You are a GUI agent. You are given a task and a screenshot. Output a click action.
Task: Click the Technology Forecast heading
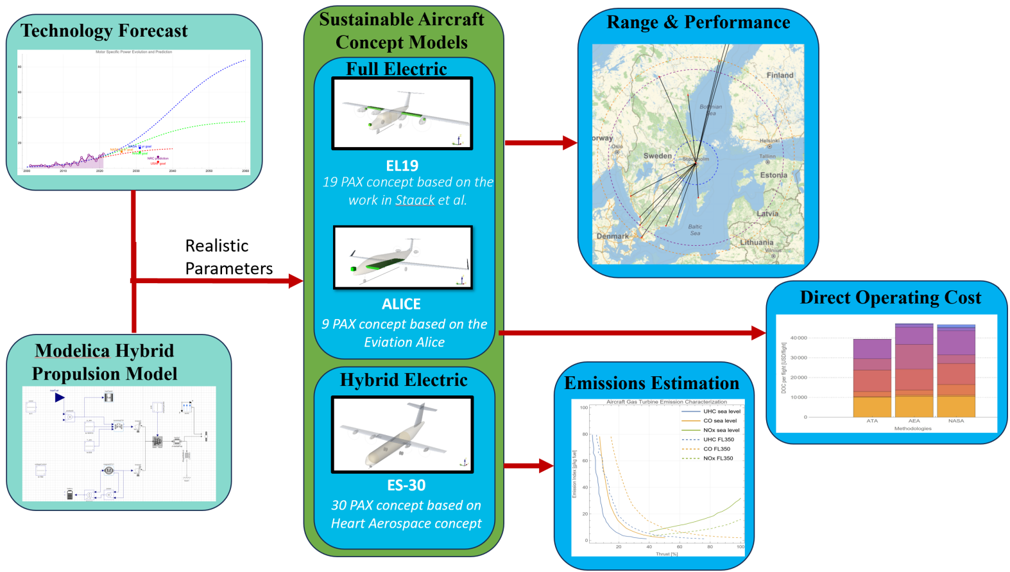point(104,31)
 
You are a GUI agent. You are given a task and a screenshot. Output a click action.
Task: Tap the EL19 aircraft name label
point(402,166)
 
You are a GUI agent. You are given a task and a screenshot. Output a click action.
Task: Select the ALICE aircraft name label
point(402,304)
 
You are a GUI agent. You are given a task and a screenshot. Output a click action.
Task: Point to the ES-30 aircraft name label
point(406,485)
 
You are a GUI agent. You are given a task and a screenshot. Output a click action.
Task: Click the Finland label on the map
point(780,75)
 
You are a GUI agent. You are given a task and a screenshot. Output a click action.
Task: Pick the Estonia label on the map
point(773,175)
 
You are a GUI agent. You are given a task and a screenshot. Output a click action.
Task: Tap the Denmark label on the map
point(612,236)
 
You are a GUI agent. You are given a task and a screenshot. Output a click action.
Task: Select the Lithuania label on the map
point(757,243)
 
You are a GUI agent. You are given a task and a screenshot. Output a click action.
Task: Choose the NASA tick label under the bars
point(956,421)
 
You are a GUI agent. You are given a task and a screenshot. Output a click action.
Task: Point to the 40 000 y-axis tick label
point(798,338)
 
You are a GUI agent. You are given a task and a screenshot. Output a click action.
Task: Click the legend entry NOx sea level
point(721,430)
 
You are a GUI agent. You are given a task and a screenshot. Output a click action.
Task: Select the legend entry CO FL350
point(717,449)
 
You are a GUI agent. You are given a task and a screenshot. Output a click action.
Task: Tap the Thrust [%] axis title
point(667,553)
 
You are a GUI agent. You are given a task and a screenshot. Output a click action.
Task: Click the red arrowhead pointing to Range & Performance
point(570,143)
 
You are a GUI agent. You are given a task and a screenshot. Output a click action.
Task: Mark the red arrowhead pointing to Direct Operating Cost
point(758,333)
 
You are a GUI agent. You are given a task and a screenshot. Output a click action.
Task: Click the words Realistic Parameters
point(228,257)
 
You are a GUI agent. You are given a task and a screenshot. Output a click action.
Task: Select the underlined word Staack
point(415,200)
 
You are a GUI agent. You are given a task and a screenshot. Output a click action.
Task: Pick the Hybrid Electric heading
point(404,380)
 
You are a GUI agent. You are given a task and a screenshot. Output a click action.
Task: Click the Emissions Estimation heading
point(651,383)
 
